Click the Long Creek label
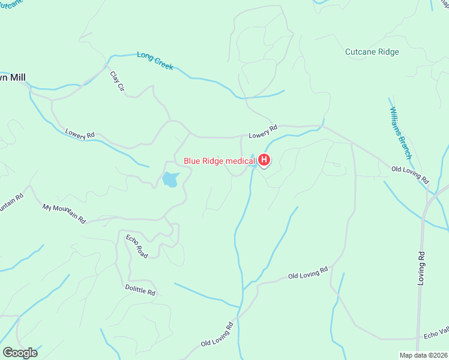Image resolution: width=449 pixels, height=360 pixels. coord(155,61)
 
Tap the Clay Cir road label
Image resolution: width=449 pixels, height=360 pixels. coord(116,82)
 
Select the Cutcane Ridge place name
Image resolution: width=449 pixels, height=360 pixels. coord(372,52)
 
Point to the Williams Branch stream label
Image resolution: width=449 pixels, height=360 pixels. coord(400,133)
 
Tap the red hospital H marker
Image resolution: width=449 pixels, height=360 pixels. coord(264,160)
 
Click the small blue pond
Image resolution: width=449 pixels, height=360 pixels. coord(170,179)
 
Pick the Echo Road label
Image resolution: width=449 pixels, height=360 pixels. coord(136,246)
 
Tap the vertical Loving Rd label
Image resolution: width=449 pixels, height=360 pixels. coord(422,268)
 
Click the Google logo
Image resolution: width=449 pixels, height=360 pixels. coord(20,353)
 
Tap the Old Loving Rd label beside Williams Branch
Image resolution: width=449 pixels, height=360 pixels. coord(410,175)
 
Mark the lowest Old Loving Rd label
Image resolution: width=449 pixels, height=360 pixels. coord(217,334)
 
